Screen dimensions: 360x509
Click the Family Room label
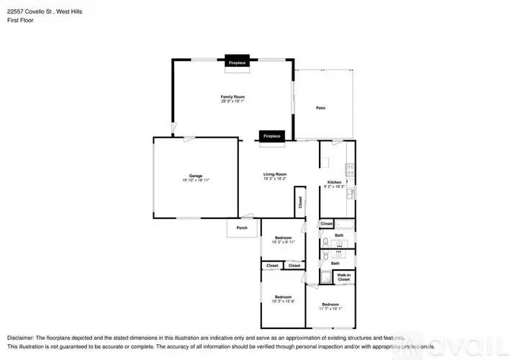[x=233, y=96]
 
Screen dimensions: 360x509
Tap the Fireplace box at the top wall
[x=238, y=63]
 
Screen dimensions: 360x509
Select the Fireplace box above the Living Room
[x=271, y=136]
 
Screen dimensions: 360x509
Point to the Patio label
[x=320, y=108]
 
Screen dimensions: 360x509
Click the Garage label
[x=195, y=175]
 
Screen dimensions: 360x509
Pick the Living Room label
[x=275, y=174]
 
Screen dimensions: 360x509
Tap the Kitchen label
[x=334, y=182]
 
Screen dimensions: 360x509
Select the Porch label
[x=242, y=228]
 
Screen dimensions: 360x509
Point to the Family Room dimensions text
[x=233, y=102]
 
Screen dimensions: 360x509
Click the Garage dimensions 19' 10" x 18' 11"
[x=195, y=180]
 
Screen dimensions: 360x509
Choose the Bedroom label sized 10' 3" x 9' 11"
[x=282, y=238]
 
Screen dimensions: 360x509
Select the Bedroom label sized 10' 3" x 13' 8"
[x=282, y=297]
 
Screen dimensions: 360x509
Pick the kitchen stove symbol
[x=350, y=171]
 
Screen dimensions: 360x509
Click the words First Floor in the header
[x=20, y=20]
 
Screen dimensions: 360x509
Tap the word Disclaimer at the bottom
[x=20, y=337]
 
